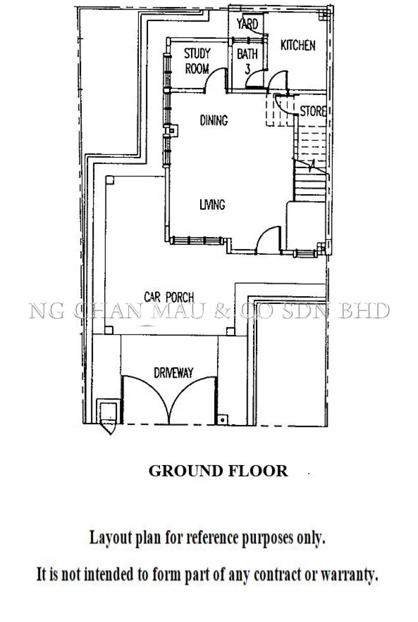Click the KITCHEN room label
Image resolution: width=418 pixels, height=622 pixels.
tap(298, 45)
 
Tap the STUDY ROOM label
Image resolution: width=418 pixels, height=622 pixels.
tap(197, 61)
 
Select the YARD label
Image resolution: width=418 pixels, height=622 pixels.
tap(247, 23)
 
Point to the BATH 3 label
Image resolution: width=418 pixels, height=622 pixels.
tap(247, 61)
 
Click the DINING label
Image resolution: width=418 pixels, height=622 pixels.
tap(214, 120)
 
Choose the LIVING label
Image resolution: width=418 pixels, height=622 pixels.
tap(212, 204)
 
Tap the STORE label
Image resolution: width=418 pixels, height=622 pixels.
tap(313, 111)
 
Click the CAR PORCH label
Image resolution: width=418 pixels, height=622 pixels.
tap(169, 297)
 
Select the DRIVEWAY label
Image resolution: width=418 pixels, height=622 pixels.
tap(173, 373)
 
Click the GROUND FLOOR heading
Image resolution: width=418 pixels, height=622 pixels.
tap(218, 471)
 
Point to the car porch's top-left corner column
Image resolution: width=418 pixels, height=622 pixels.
tap(110, 180)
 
